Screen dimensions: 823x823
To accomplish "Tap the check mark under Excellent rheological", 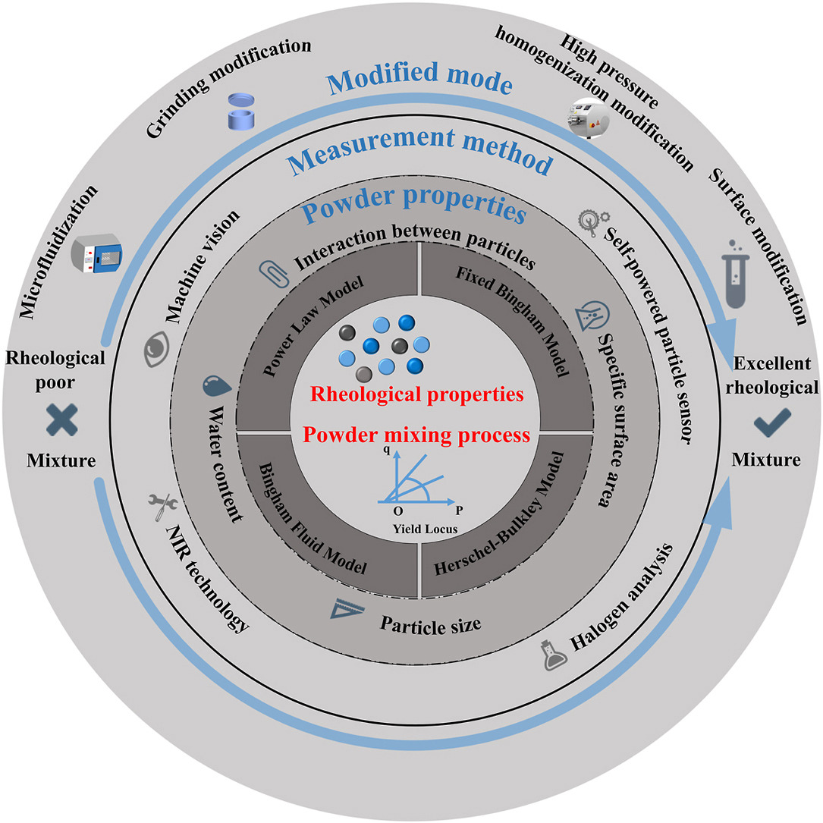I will pyautogui.click(x=772, y=421).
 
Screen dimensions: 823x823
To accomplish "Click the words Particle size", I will pyautogui.click(x=430, y=627).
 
